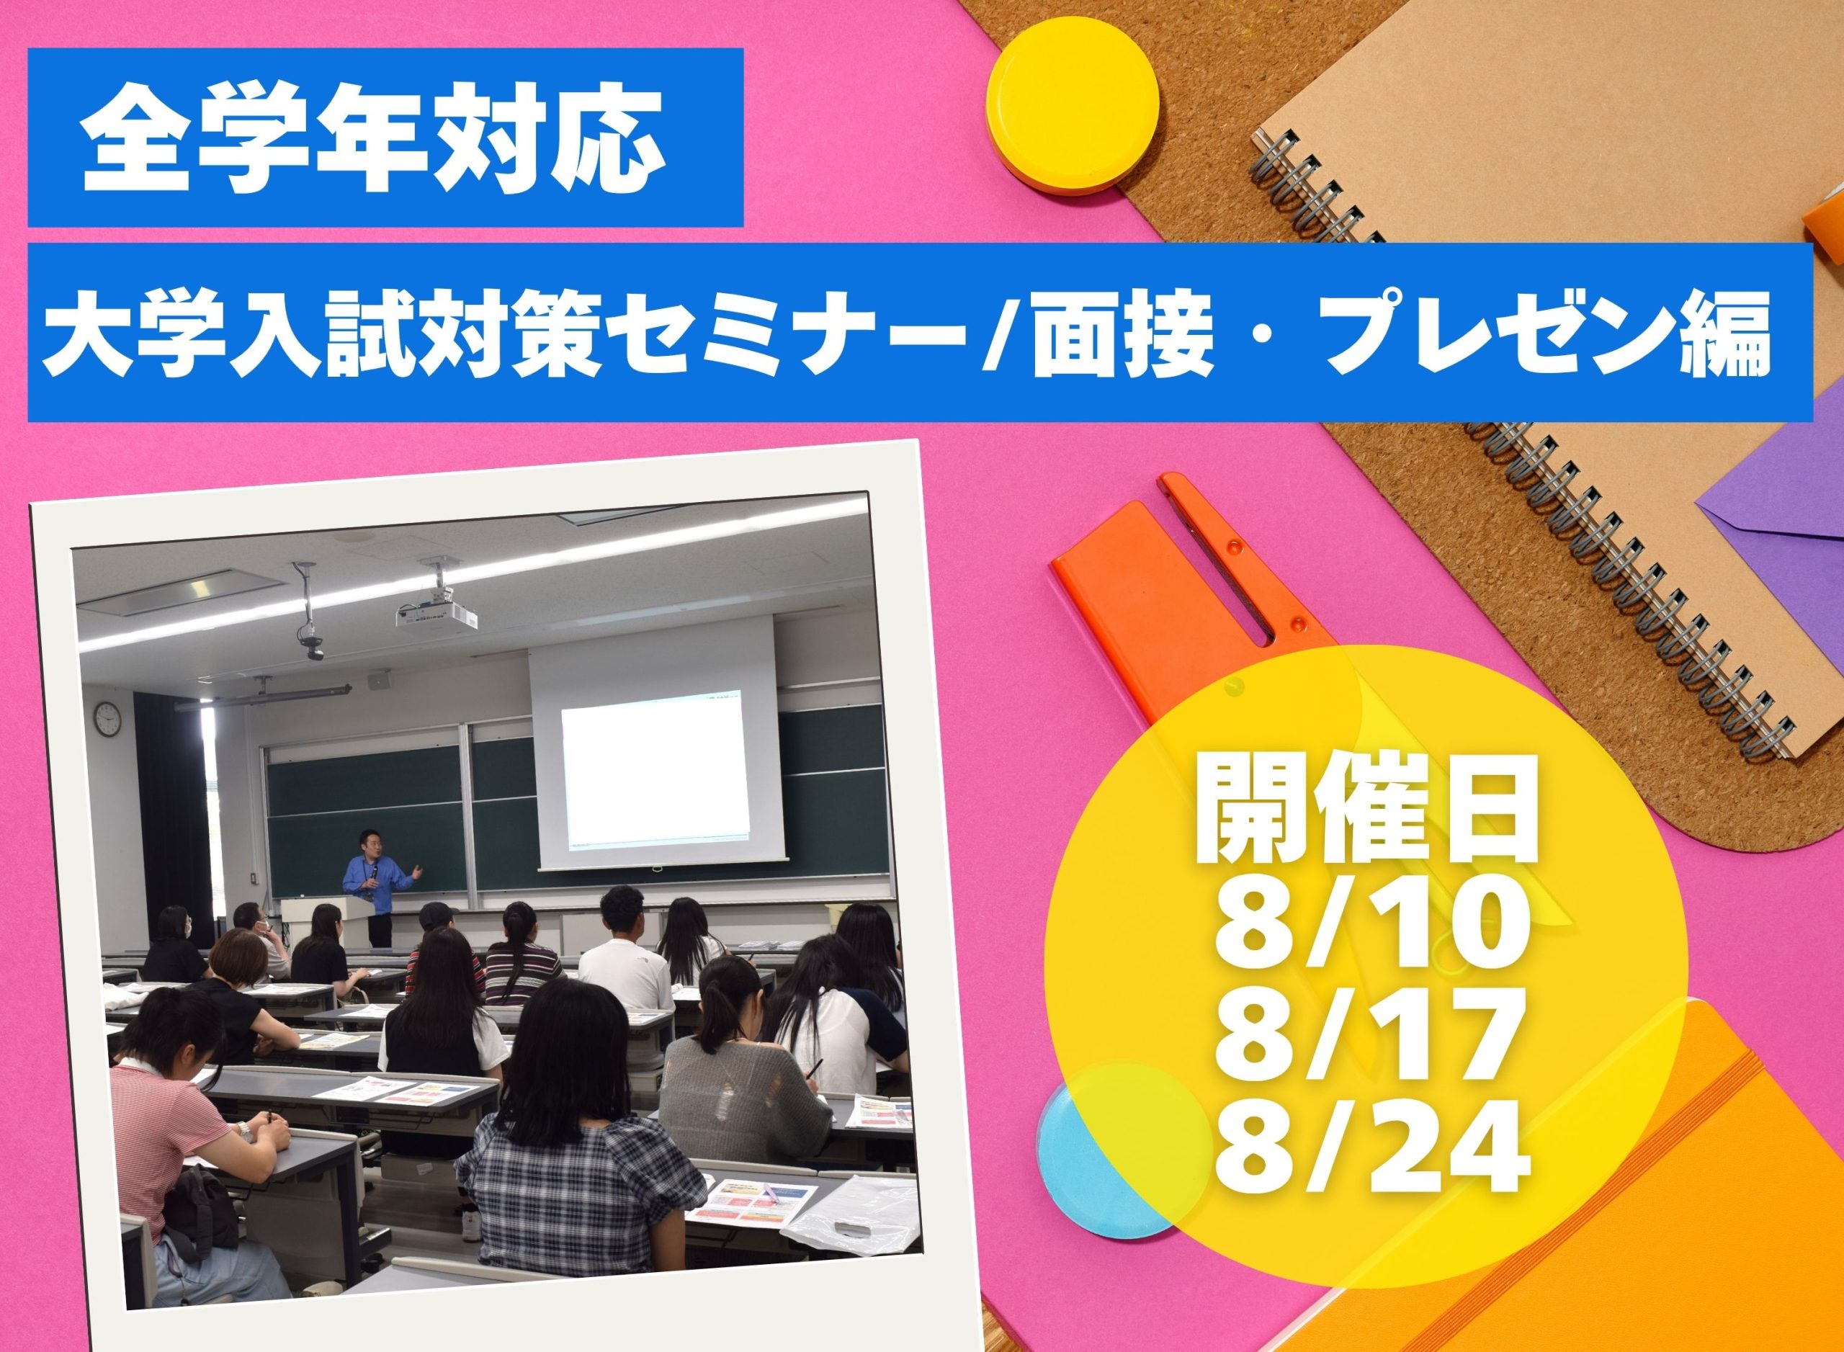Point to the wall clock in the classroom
(x=107, y=720)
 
